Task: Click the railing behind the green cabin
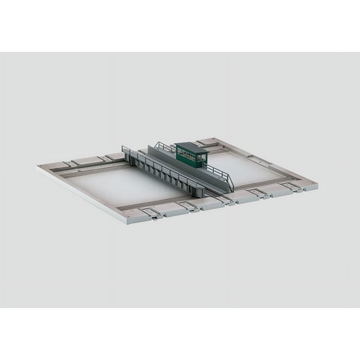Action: (164, 147)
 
